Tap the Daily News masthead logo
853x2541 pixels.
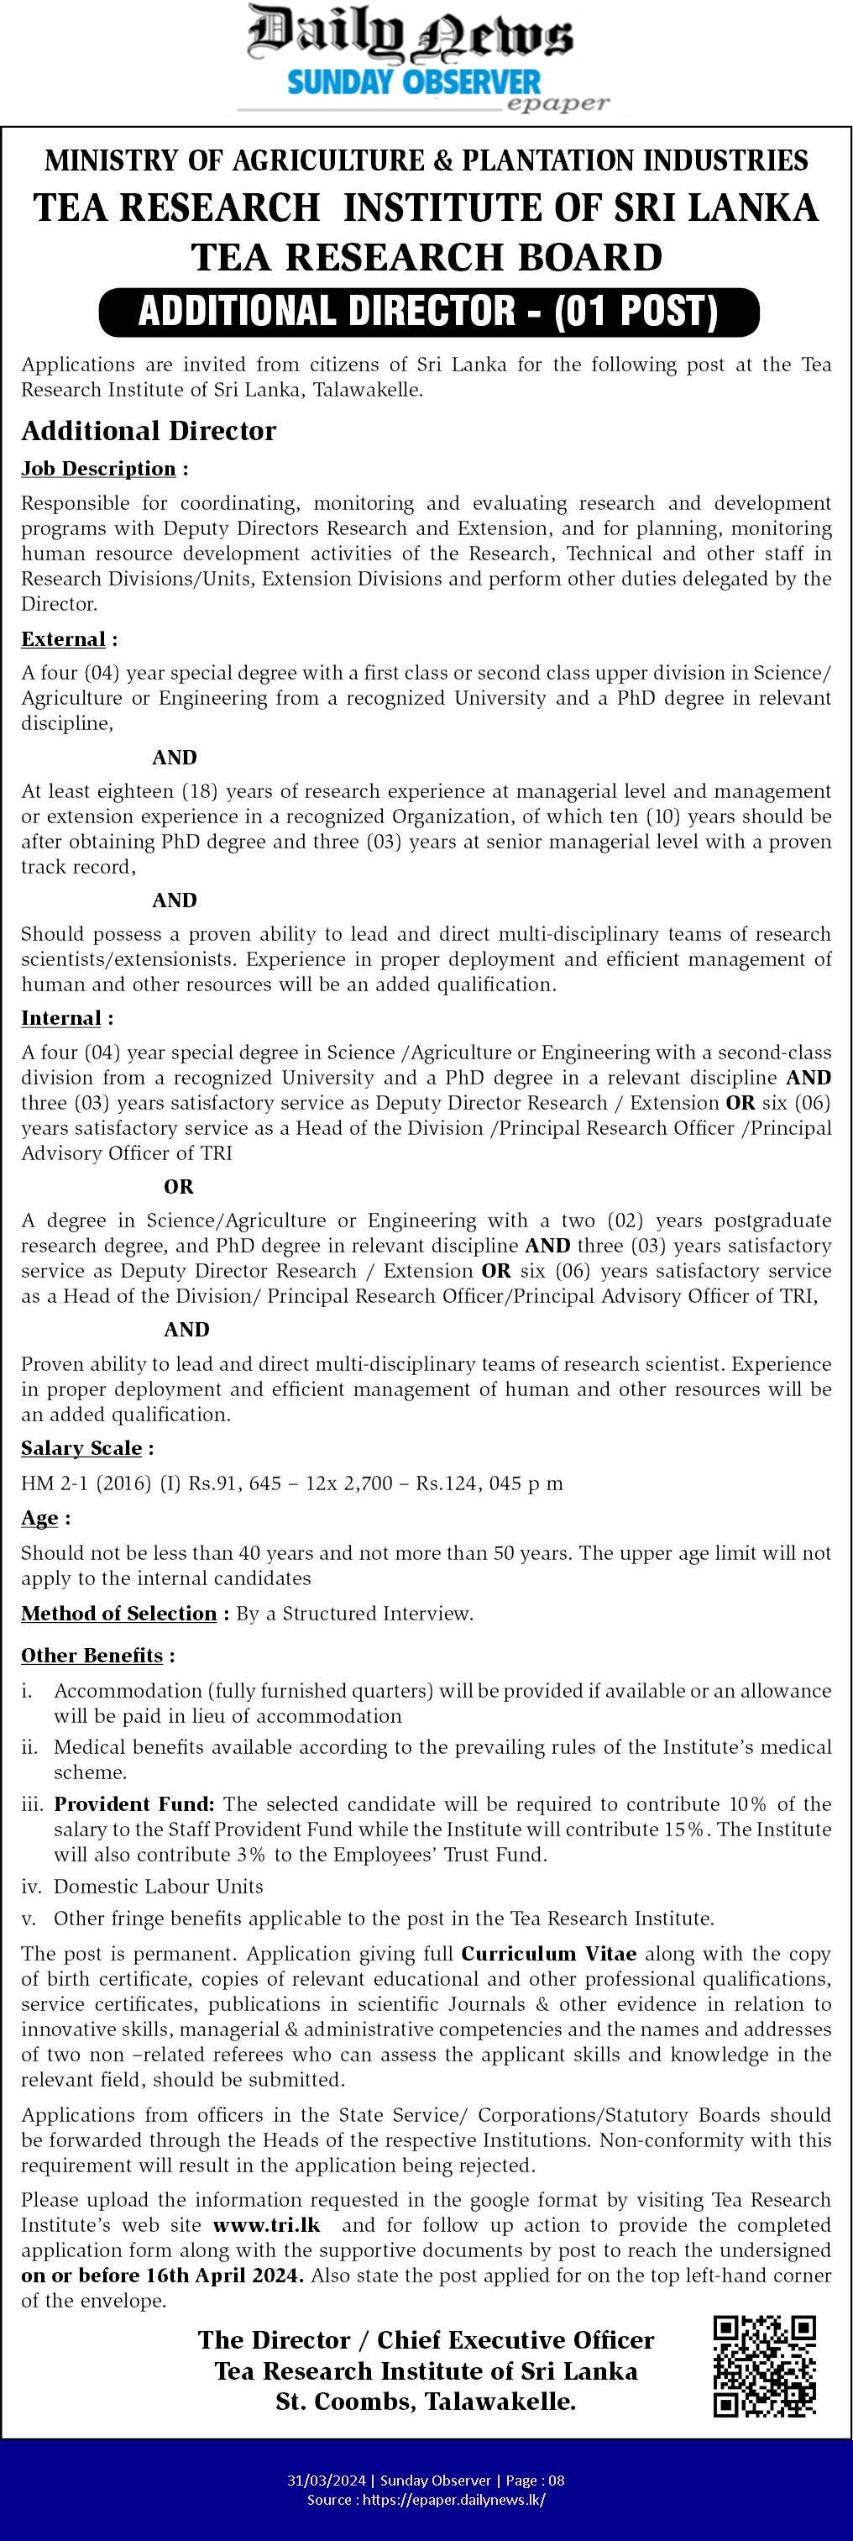click(x=409, y=34)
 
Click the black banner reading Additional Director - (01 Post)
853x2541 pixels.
click(x=429, y=312)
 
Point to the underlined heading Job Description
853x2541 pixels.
click(x=98, y=469)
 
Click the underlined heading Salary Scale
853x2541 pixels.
click(x=81, y=1448)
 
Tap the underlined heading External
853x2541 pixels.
click(x=63, y=639)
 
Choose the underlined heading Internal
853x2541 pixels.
click(x=61, y=1018)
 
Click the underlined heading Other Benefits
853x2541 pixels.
click(x=92, y=1655)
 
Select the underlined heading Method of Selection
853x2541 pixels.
click(x=118, y=1613)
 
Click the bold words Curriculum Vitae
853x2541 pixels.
click(x=548, y=1954)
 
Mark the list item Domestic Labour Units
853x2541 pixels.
click(x=158, y=1886)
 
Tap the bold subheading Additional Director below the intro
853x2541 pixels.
click(x=149, y=431)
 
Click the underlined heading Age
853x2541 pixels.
click(x=39, y=1518)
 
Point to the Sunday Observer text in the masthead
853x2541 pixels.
click(x=414, y=81)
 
